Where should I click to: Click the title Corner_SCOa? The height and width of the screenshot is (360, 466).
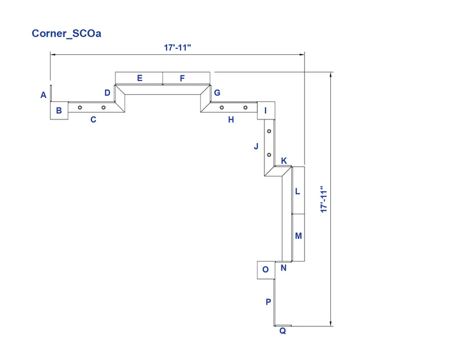pos(66,34)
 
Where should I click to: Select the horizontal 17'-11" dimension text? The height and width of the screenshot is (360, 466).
pos(178,48)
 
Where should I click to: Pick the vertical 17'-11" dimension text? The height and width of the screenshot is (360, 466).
pos(324,199)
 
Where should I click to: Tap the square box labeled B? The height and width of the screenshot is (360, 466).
pos(59,111)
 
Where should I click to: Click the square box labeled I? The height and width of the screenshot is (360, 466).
pos(266,111)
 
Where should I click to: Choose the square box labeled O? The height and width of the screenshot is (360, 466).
pos(266,270)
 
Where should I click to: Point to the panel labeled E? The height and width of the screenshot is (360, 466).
pos(139,78)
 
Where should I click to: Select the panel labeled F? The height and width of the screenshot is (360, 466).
pos(186,78)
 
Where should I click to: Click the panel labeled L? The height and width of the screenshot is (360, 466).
pos(298,190)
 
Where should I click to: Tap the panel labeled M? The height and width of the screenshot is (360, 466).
pos(298,238)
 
